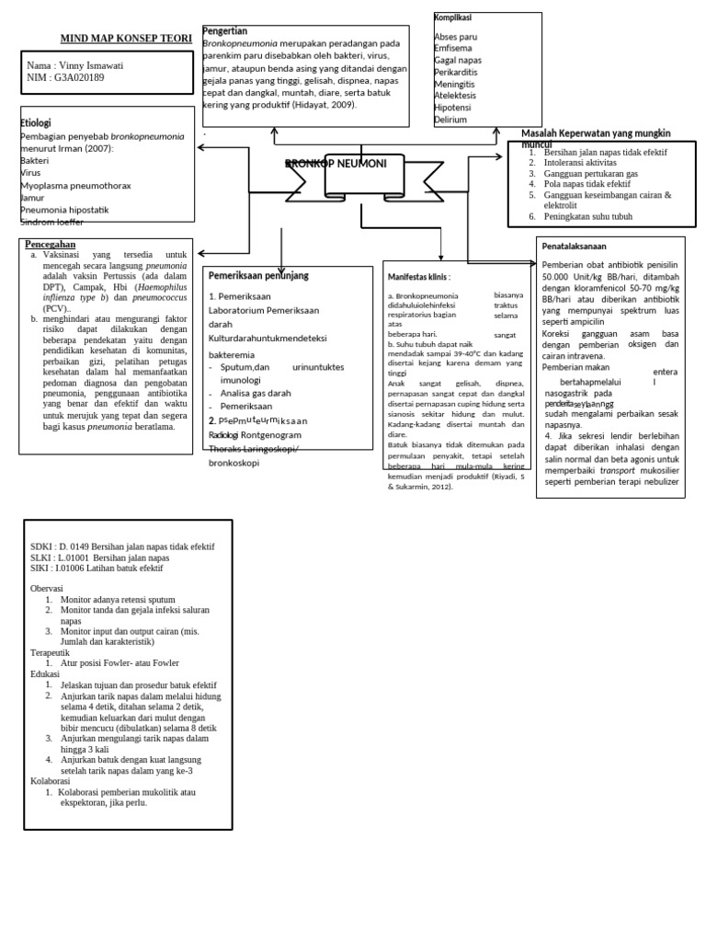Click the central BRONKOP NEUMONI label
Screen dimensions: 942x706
[336, 164]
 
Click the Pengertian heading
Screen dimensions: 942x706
[224, 31]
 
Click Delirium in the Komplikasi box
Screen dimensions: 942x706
[450, 120]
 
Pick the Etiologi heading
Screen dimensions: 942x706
[36, 123]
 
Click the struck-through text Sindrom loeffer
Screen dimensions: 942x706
[51, 222]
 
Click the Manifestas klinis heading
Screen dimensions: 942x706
[419, 275]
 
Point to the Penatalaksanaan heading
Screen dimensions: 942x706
[575, 247]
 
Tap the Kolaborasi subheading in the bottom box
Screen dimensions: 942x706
[52, 780]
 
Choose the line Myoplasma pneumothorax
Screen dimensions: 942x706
[75, 185]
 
